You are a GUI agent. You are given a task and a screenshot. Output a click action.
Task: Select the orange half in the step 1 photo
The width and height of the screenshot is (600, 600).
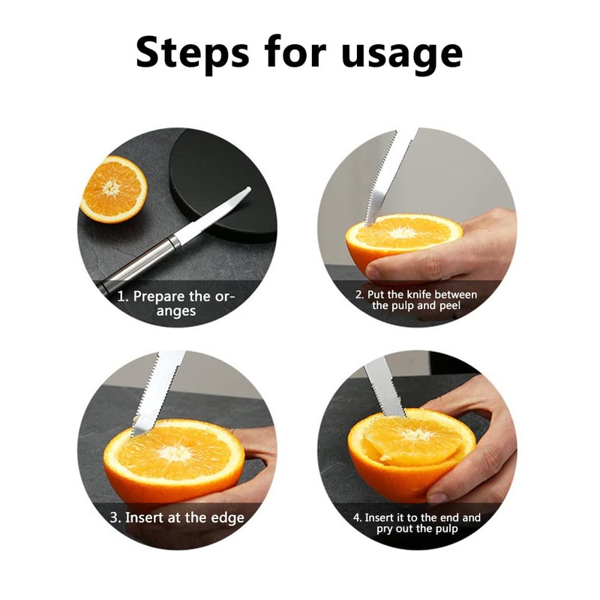click(x=113, y=188)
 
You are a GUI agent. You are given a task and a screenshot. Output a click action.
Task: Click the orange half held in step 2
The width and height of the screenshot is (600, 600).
click(x=405, y=240)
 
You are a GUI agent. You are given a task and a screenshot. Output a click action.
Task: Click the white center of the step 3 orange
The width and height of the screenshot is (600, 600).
click(x=174, y=452)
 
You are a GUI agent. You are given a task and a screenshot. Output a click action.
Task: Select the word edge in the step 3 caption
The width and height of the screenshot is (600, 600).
click(x=226, y=517)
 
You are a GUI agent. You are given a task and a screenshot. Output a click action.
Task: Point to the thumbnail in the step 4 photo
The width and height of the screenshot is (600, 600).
click(x=438, y=496)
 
